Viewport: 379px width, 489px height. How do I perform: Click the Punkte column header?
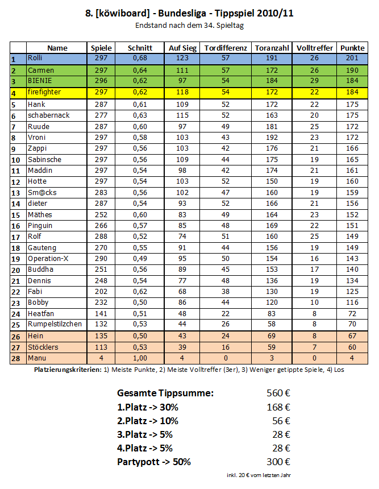pos(352,48)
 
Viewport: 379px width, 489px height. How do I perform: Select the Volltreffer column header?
pos(315,48)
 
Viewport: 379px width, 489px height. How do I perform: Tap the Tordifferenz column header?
pos(225,48)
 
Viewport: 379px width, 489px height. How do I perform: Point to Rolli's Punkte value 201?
pos(352,58)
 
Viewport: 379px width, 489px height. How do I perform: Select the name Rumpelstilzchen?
pos(55,324)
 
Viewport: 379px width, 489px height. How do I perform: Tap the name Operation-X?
pos(49,258)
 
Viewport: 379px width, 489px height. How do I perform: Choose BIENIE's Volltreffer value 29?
pos(315,81)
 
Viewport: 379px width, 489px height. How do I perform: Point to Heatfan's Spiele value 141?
pos(102,313)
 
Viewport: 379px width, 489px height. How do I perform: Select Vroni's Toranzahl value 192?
pos(272,137)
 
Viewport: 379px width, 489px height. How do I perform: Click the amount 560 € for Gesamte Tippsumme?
pos(278,393)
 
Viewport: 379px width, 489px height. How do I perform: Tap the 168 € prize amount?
pos(278,407)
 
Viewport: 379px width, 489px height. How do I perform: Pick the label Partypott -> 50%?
pos(153,461)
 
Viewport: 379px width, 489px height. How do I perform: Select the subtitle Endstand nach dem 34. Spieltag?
pos(189,26)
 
